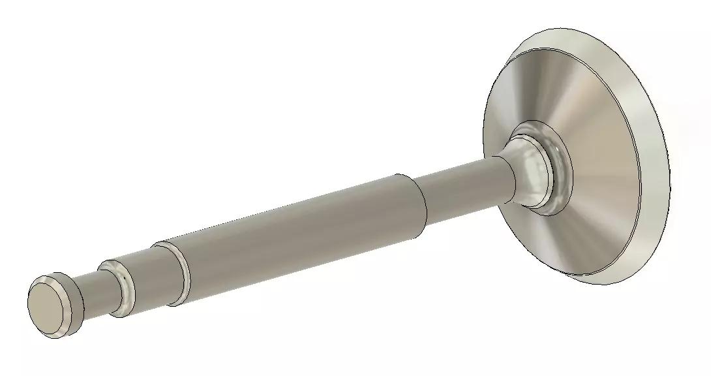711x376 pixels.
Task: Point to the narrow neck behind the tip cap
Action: click(95, 297)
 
